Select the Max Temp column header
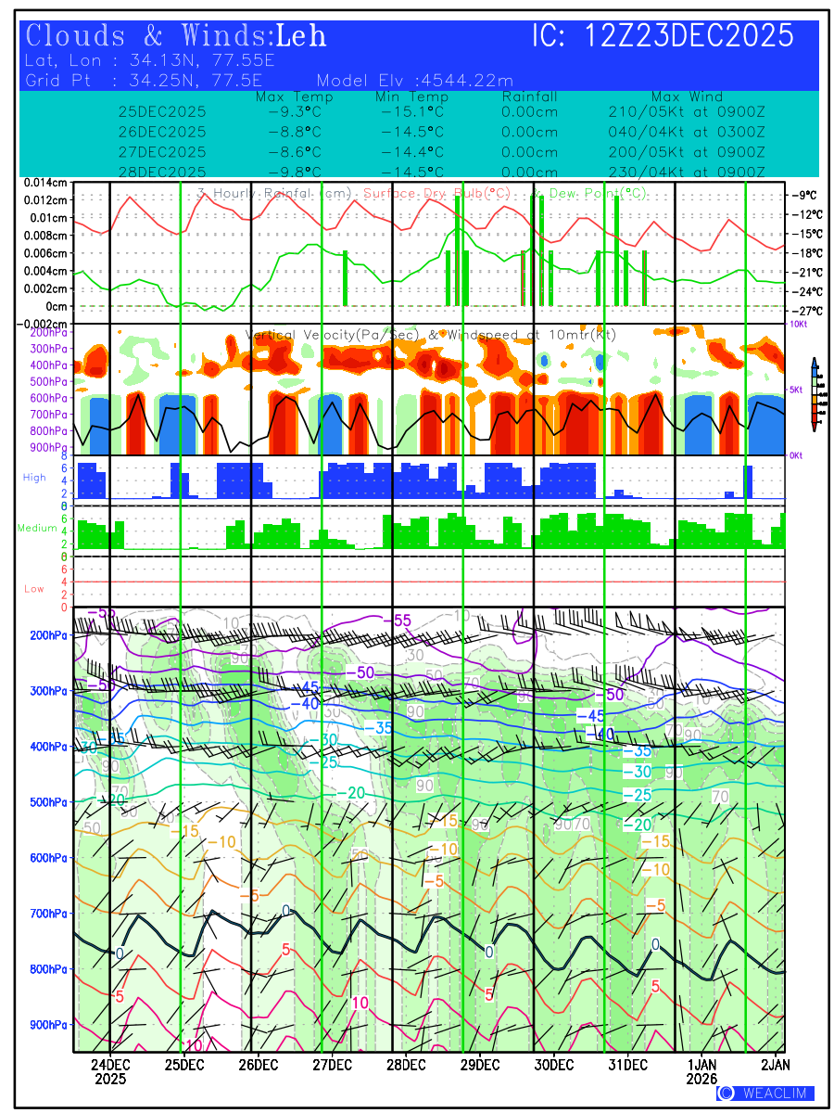point(294,97)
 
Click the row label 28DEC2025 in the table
point(162,172)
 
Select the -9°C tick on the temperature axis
point(803,196)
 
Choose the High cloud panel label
point(34,477)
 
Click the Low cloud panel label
point(34,589)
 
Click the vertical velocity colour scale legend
point(815,393)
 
